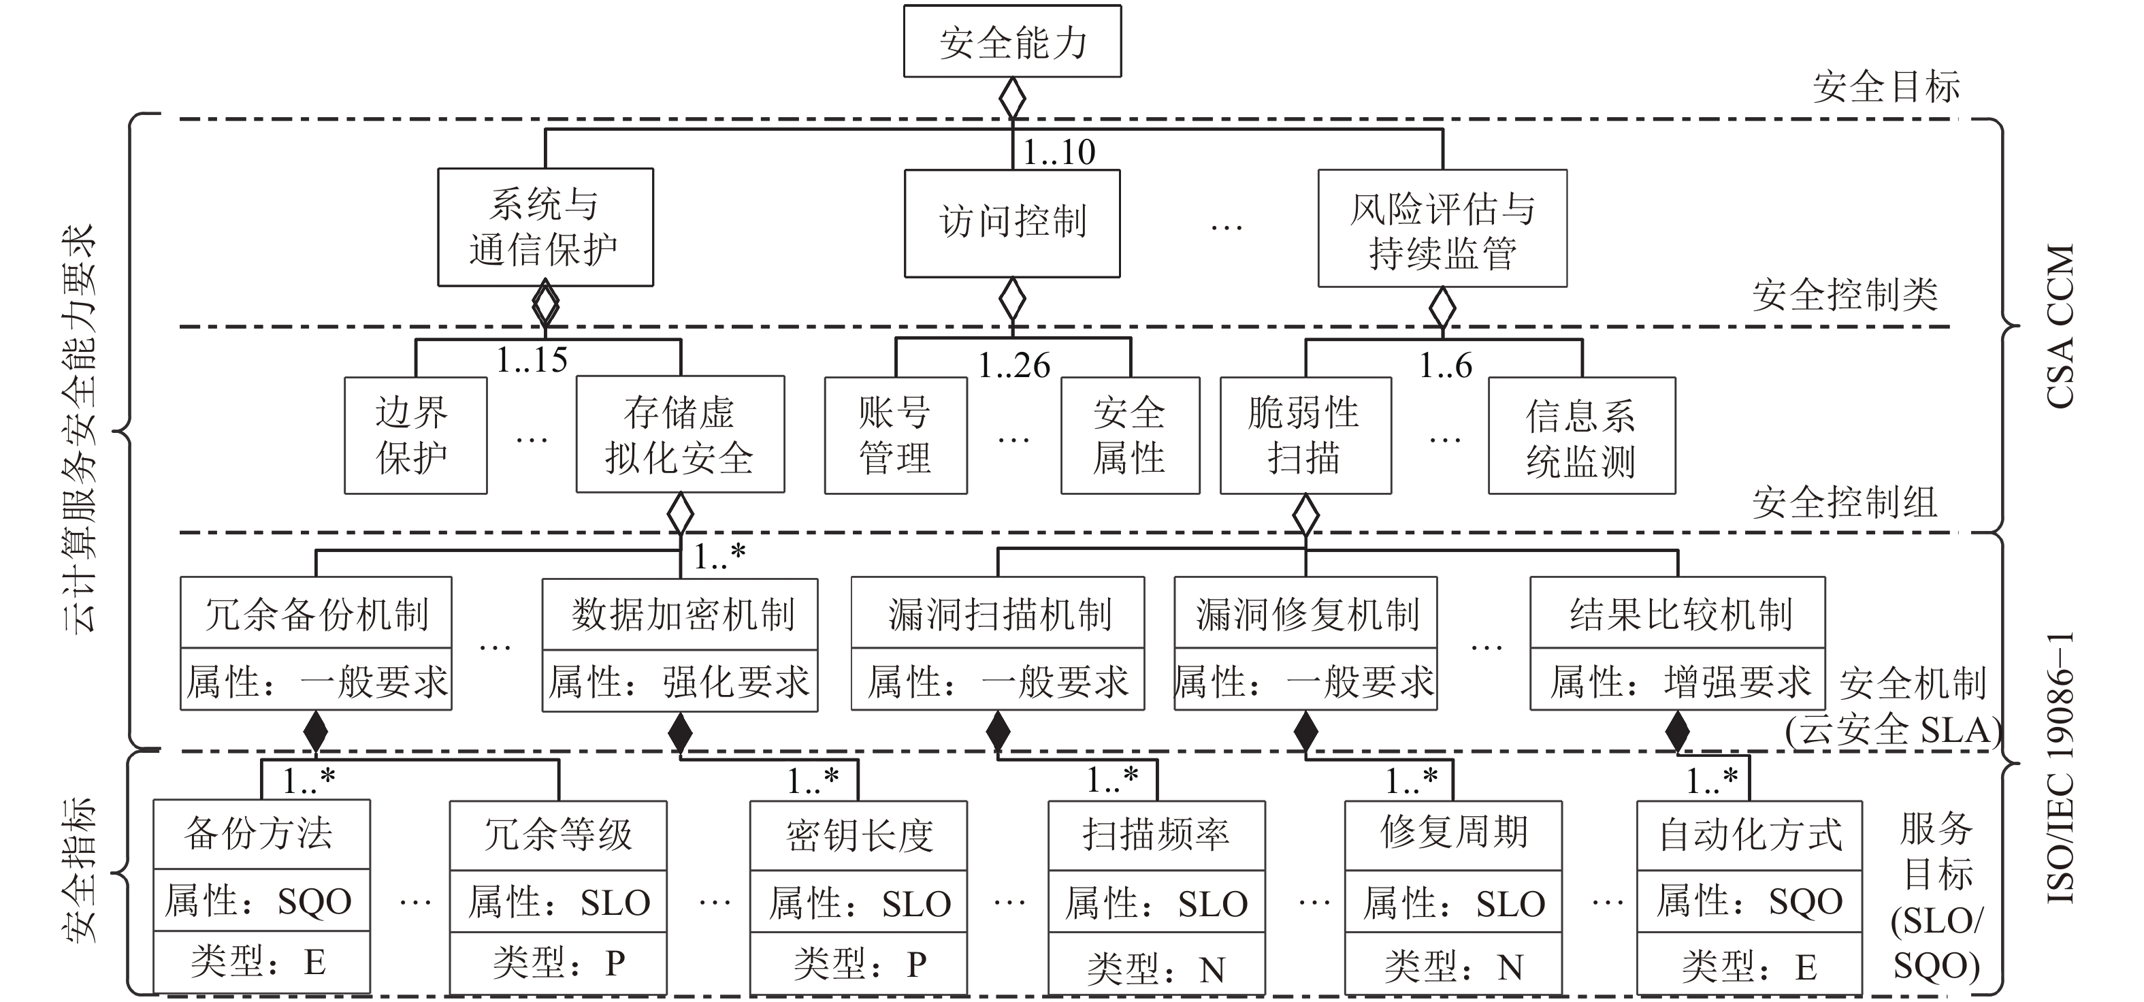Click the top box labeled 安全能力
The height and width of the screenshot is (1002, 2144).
1012,42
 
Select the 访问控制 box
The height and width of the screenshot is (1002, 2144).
1012,223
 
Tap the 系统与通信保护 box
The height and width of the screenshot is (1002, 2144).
545,227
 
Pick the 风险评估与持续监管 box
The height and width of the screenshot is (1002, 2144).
1442,229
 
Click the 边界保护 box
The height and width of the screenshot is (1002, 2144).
415,435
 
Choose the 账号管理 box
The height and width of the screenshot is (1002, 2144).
896,435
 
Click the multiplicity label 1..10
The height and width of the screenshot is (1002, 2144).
1058,152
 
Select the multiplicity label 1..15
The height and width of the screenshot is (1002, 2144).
532,360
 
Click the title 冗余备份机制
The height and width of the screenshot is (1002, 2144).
316,614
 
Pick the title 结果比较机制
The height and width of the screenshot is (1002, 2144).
1678,614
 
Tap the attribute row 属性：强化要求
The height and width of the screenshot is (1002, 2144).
679,681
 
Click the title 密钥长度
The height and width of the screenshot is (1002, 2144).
858,835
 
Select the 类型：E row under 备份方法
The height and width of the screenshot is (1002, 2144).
261,962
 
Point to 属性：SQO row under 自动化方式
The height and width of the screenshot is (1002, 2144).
1749,901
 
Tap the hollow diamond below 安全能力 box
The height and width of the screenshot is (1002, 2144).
1012,98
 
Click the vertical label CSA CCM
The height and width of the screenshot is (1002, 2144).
2059,326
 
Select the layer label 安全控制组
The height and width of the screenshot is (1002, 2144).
1845,502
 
